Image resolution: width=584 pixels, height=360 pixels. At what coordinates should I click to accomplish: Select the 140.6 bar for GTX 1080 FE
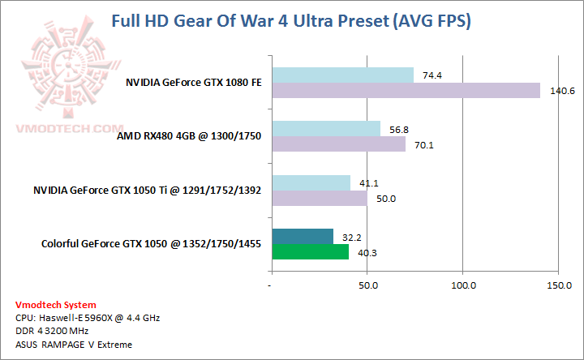(x=406, y=90)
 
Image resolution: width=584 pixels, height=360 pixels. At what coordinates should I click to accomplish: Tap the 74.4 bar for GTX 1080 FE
(x=342, y=75)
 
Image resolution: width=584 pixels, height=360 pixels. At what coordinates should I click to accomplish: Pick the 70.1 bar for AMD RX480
(x=338, y=144)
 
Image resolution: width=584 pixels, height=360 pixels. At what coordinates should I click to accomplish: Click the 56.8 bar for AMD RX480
(x=325, y=128)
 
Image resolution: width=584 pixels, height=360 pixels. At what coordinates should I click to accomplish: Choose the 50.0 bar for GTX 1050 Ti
(x=319, y=198)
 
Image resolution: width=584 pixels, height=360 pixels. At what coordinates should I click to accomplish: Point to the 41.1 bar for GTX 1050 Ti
(x=311, y=182)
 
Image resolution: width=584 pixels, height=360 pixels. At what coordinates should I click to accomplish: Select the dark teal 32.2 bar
(x=302, y=237)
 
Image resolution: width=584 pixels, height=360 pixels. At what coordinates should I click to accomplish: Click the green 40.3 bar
(x=310, y=252)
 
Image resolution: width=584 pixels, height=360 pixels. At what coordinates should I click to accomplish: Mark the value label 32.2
(x=350, y=238)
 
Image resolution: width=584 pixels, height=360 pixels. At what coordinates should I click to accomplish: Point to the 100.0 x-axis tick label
(x=463, y=285)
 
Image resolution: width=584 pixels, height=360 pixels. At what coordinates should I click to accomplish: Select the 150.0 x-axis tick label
(x=559, y=285)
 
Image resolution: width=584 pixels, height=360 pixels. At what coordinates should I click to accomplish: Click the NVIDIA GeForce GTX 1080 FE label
(x=193, y=82)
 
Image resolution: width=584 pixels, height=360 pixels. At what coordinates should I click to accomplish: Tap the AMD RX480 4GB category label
(x=189, y=136)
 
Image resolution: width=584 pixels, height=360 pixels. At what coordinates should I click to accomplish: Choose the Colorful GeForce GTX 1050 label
(x=151, y=244)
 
